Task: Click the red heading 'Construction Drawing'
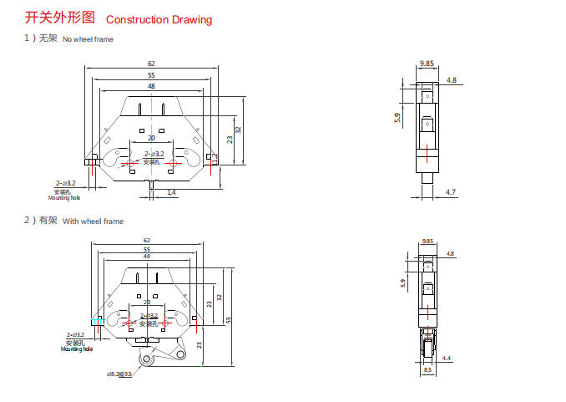pyautogui.click(x=159, y=19)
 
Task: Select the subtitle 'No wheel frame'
pyautogui.click(x=88, y=39)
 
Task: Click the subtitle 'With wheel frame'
pyautogui.click(x=93, y=221)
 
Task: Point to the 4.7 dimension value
pyautogui.click(x=451, y=192)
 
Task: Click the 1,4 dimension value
pyautogui.click(x=171, y=192)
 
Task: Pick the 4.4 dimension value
pyautogui.click(x=447, y=358)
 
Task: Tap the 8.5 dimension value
pyautogui.click(x=427, y=369)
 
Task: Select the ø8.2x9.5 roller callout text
pyautogui.click(x=120, y=374)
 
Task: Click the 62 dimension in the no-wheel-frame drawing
pyautogui.click(x=151, y=64)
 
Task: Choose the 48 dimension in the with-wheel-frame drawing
pyautogui.click(x=147, y=256)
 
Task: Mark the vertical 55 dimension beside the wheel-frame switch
pyautogui.click(x=228, y=319)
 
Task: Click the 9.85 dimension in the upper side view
pyautogui.click(x=427, y=64)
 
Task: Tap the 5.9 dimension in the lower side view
pyautogui.click(x=402, y=284)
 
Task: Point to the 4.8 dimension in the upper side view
pyautogui.click(x=452, y=80)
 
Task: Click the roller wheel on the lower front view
pyautogui.click(x=148, y=359)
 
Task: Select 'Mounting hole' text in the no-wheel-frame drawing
pyautogui.click(x=64, y=198)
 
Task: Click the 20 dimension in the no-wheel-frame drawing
pyautogui.click(x=151, y=138)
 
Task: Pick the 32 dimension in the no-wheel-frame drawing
pyautogui.click(x=239, y=130)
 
